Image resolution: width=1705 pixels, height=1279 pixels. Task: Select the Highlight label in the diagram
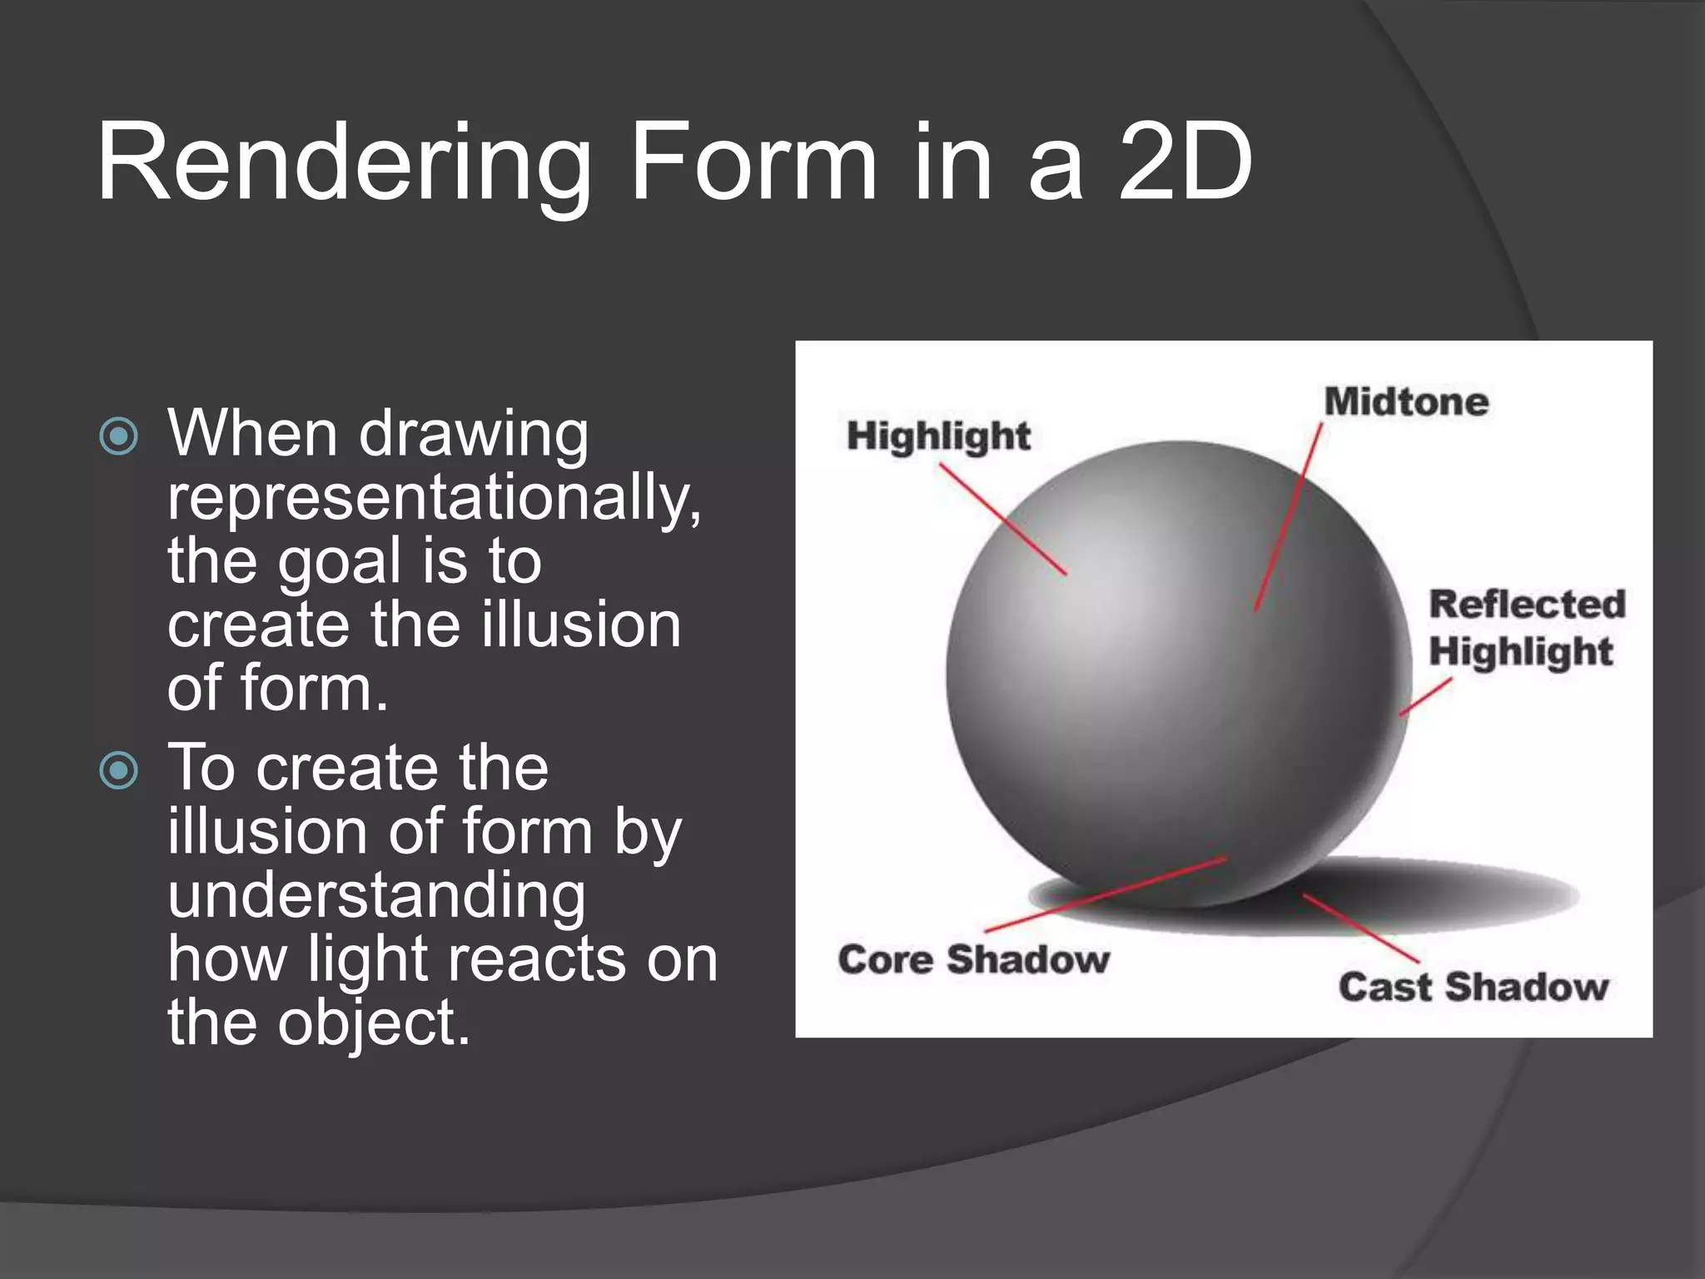(x=938, y=436)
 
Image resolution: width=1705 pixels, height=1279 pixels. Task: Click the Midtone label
(x=1406, y=402)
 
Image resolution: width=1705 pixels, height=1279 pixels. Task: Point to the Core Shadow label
(x=973, y=959)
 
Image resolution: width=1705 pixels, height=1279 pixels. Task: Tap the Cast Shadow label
(x=1473, y=987)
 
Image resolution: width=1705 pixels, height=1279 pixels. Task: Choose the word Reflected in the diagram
(x=1527, y=605)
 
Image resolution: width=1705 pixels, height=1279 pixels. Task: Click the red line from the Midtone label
(x=1289, y=516)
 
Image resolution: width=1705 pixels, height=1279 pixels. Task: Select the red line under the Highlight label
(x=1003, y=519)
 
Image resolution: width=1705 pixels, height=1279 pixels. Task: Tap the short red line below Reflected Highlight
(x=1425, y=697)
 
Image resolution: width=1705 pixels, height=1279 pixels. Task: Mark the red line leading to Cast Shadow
(x=1360, y=928)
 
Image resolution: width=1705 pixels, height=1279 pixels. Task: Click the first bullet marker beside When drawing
(x=118, y=435)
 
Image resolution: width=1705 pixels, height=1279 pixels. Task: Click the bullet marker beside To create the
(x=118, y=770)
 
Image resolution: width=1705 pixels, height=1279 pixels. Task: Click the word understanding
(x=376, y=896)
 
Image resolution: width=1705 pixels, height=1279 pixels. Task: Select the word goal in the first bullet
(x=340, y=562)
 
